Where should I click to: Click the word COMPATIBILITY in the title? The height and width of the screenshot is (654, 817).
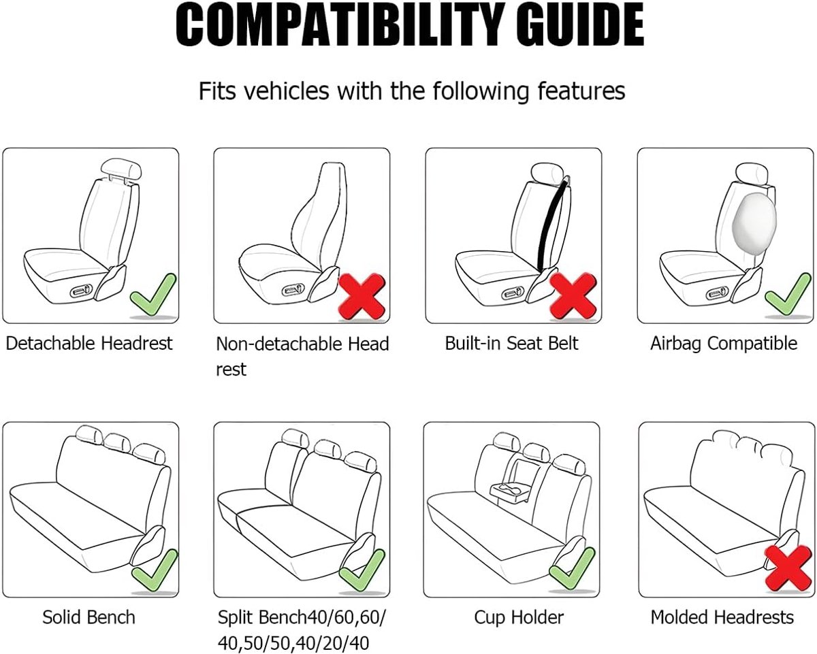tap(340, 24)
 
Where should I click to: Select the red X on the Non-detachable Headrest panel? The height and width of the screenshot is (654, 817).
tap(362, 297)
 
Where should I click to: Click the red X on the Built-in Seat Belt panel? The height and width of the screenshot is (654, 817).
tap(573, 296)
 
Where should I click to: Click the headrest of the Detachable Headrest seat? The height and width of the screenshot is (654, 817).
tap(121, 170)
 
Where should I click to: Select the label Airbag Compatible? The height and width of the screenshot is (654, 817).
tap(724, 344)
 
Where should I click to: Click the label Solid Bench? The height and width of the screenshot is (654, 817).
tap(89, 617)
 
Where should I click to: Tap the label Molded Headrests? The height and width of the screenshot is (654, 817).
tap(722, 617)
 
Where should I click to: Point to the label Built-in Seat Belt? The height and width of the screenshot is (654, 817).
tap(511, 343)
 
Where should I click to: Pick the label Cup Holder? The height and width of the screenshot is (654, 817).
tap(519, 618)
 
